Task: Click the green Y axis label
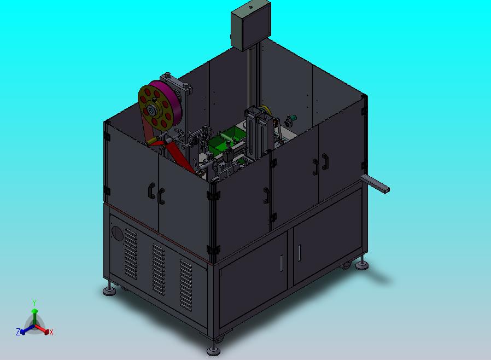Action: click(34, 303)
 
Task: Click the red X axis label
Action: click(51, 332)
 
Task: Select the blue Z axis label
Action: click(18, 332)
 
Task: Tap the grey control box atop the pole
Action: click(251, 25)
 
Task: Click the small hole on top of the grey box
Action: click(250, 6)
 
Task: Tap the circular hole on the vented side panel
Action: click(118, 234)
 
